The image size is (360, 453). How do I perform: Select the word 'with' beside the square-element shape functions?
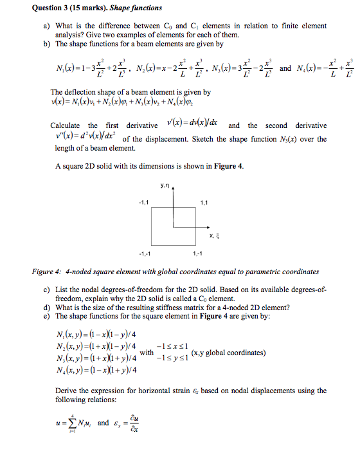pos(147,353)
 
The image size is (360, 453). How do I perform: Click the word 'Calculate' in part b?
pos(65,125)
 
